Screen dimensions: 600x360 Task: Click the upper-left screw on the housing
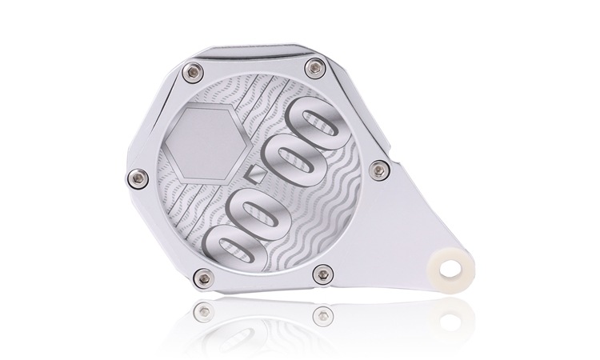click(193, 72)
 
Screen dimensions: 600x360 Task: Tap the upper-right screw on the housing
click(316, 69)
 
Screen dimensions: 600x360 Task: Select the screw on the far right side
click(379, 170)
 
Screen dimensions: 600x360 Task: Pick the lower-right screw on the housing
click(323, 274)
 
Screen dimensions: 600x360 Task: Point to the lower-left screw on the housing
click(204, 278)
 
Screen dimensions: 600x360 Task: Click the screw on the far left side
click(138, 178)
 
